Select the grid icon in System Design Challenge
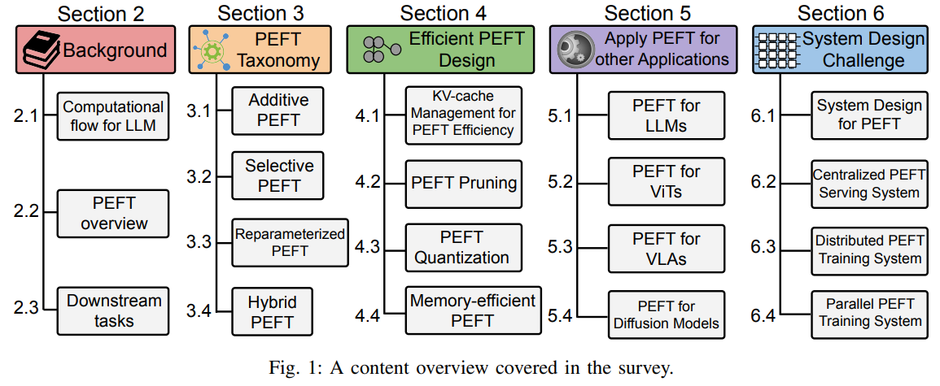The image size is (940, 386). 776,50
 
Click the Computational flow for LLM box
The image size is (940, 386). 113,116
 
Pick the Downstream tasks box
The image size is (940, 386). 113,310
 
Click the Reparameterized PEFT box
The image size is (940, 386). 290,242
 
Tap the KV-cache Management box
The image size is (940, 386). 463,115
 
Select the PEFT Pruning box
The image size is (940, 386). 463,182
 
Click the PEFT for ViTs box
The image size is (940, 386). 666,182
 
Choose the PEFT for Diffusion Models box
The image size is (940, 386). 666,314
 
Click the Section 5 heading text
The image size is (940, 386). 648,13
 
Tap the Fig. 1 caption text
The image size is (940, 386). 470,367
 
